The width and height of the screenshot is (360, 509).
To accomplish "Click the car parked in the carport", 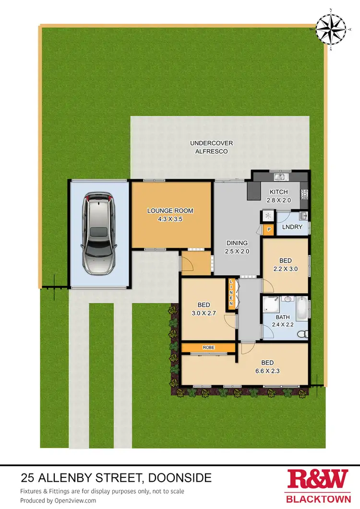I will [99, 233].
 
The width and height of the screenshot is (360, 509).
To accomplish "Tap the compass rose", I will [331, 28].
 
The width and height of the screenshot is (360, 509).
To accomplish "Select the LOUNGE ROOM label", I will [170, 214].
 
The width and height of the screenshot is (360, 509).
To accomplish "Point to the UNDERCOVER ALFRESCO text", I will [208, 147].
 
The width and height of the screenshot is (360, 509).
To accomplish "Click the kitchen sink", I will [280, 178].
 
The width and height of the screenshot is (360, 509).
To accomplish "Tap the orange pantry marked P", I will [269, 230].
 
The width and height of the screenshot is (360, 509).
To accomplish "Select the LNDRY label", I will [292, 226].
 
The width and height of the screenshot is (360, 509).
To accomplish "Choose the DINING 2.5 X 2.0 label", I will [237, 247].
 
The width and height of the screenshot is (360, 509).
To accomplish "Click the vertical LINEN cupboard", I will [231, 293].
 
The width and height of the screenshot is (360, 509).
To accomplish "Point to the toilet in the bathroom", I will [301, 334].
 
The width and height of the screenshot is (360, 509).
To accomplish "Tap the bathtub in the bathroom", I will [302, 309].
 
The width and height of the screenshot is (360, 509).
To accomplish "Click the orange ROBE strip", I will [208, 347].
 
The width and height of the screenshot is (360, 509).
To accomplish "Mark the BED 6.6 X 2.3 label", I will [267, 366].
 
